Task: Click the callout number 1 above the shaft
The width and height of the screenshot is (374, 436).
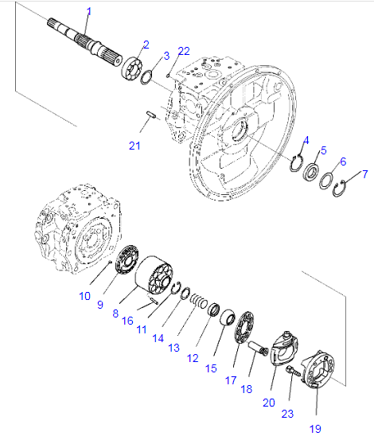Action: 89,12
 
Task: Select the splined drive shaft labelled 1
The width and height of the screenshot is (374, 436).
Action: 85,42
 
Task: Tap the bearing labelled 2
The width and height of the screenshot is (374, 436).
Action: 131,69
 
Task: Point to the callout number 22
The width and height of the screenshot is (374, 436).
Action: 184,52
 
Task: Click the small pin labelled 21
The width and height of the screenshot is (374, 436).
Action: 151,115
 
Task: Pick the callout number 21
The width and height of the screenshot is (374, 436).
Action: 134,146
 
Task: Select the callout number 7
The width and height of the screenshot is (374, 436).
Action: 365,174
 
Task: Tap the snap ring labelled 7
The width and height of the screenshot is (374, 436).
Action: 340,189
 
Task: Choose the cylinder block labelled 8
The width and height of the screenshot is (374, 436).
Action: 154,275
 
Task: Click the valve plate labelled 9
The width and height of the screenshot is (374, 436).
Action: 127,259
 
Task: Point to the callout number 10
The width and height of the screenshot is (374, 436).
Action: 84,296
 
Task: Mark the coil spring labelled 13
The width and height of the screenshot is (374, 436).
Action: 199,301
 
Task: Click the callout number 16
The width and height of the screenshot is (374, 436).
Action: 127,321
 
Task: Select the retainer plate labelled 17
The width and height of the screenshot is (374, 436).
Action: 244,328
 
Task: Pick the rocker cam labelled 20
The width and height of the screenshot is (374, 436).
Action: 283,348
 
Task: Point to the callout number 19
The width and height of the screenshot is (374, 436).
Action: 315,429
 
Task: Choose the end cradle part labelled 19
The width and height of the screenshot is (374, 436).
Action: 318,369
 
